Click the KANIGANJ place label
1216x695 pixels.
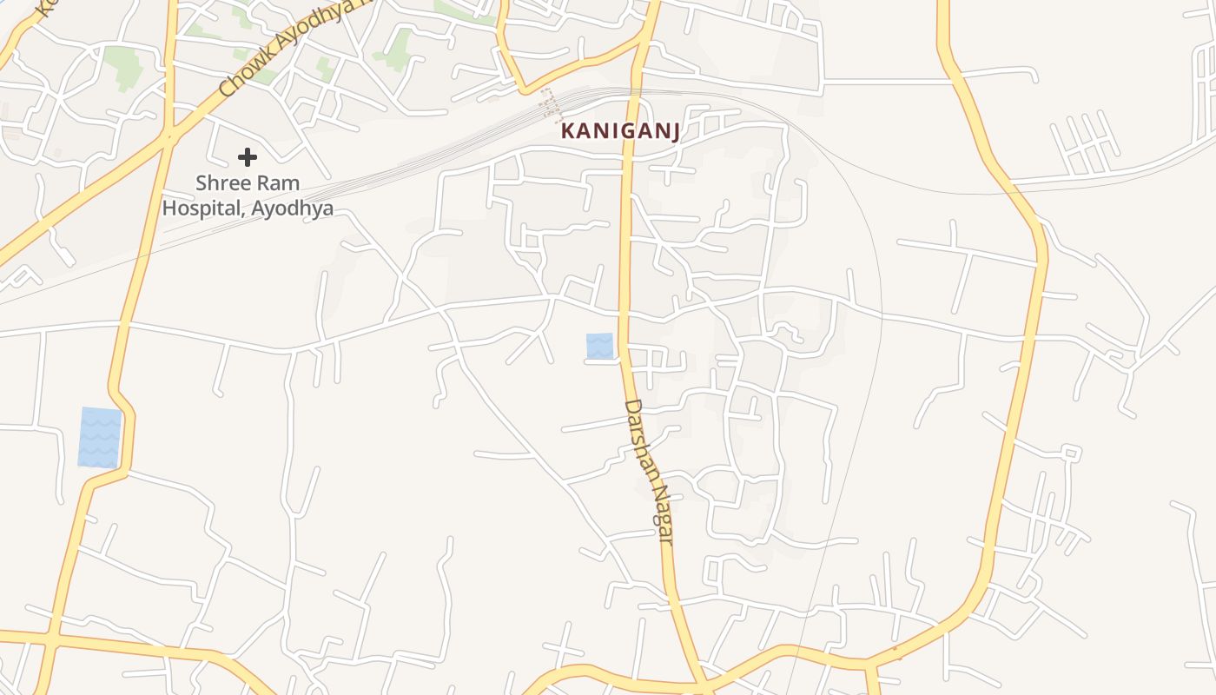click(618, 131)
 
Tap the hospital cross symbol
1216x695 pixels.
click(248, 157)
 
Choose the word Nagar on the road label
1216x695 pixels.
click(663, 518)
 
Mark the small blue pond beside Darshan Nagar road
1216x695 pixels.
click(599, 346)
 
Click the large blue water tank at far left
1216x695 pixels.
click(99, 437)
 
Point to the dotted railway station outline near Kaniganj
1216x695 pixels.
click(550, 103)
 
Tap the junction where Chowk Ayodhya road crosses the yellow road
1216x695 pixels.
click(169, 136)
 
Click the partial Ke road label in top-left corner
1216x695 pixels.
click(43, 9)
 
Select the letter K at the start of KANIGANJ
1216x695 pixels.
click(568, 131)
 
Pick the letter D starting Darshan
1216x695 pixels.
click(631, 407)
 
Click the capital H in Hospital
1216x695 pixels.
click(169, 208)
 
